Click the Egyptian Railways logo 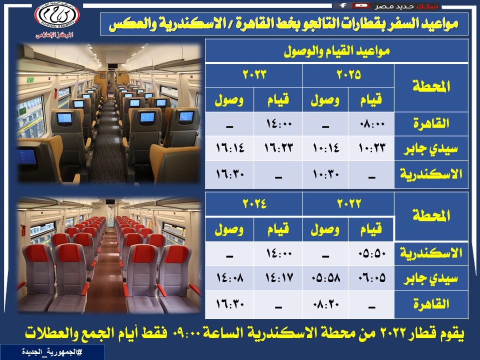point(57,15)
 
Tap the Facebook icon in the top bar point(343,5)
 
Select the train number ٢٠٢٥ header point(348,74)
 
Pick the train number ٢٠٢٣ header point(254,74)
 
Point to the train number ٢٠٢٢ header point(348,204)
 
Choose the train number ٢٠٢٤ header point(254,204)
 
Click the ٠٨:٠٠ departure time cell point(371,124)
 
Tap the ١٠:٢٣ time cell point(371,148)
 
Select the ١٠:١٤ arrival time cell point(325,148)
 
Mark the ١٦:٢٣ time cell point(278,148)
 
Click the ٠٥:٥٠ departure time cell point(371,253)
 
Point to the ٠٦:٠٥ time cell point(371,278)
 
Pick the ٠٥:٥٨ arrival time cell point(325,278)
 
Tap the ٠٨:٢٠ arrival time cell point(325,304)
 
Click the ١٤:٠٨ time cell point(229,278)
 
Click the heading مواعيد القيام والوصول point(336,51)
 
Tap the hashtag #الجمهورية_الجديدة point(52,352)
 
